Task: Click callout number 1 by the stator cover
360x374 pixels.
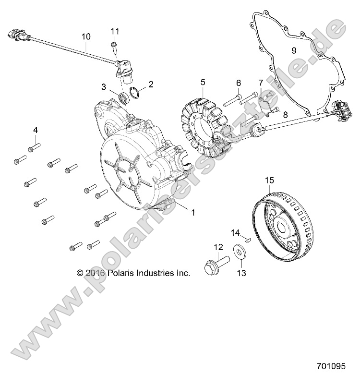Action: coord(193,212)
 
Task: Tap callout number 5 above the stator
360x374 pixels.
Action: coord(203,82)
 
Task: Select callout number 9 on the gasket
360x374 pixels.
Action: coord(294,50)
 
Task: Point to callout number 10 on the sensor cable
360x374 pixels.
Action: coord(85,36)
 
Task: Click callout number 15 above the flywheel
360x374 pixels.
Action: coord(270,180)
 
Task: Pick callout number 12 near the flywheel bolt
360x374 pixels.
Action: coord(218,247)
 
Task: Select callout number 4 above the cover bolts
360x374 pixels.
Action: coord(35,130)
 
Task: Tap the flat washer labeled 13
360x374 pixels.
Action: coord(239,252)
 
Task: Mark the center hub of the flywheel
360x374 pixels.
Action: coord(281,225)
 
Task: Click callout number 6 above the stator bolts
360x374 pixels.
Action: coord(239,83)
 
